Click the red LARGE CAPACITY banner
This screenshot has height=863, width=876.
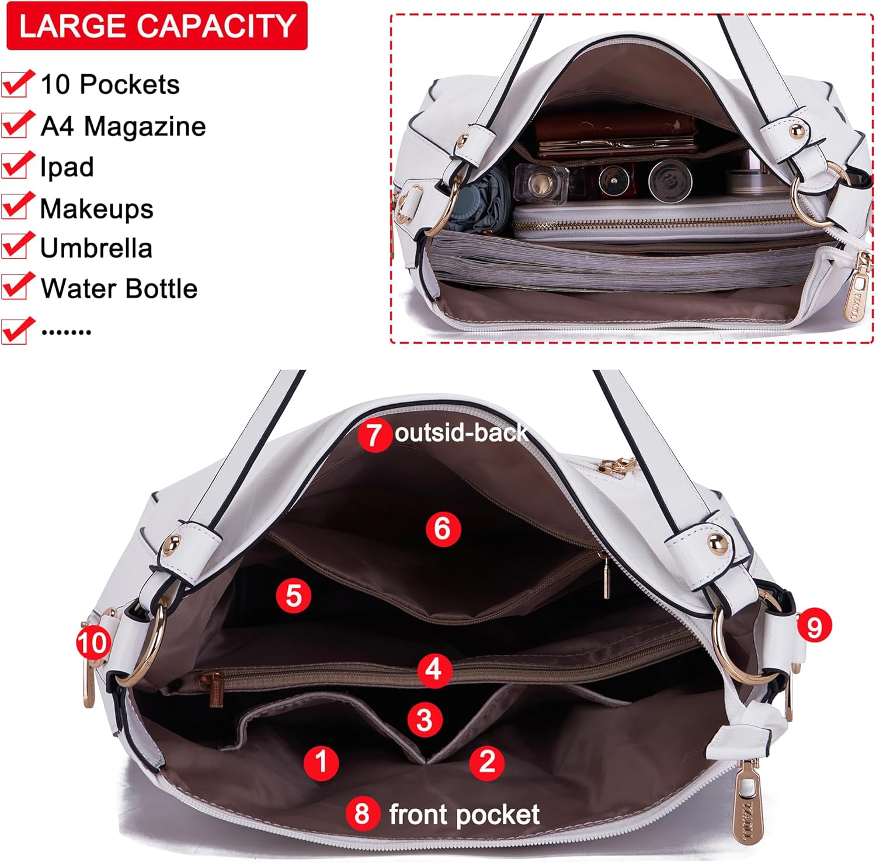click(x=157, y=26)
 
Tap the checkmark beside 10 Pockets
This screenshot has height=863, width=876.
click(x=16, y=83)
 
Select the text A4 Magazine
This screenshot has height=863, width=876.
click(x=123, y=126)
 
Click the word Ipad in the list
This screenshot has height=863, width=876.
click(x=67, y=167)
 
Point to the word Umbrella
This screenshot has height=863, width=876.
click(x=96, y=248)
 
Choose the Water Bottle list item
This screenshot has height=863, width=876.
click(x=119, y=288)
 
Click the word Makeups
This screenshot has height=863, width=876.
click(x=97, y=208)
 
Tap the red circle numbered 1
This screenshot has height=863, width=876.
click(x=321, y=761)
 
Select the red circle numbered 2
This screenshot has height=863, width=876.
click(x=487, y=761)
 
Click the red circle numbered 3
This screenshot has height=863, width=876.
click(x=425, y=719)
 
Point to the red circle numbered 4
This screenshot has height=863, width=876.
click(x=434, y=669)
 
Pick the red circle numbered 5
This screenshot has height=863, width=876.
click(x=293, y=596)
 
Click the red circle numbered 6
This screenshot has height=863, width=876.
click(x=443, y=529)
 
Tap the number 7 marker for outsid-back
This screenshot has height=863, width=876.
click(x=374, y=434)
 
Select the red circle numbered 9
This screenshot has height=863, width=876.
click(x=814, y=626)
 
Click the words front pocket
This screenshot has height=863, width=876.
click(x=464, y=815)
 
